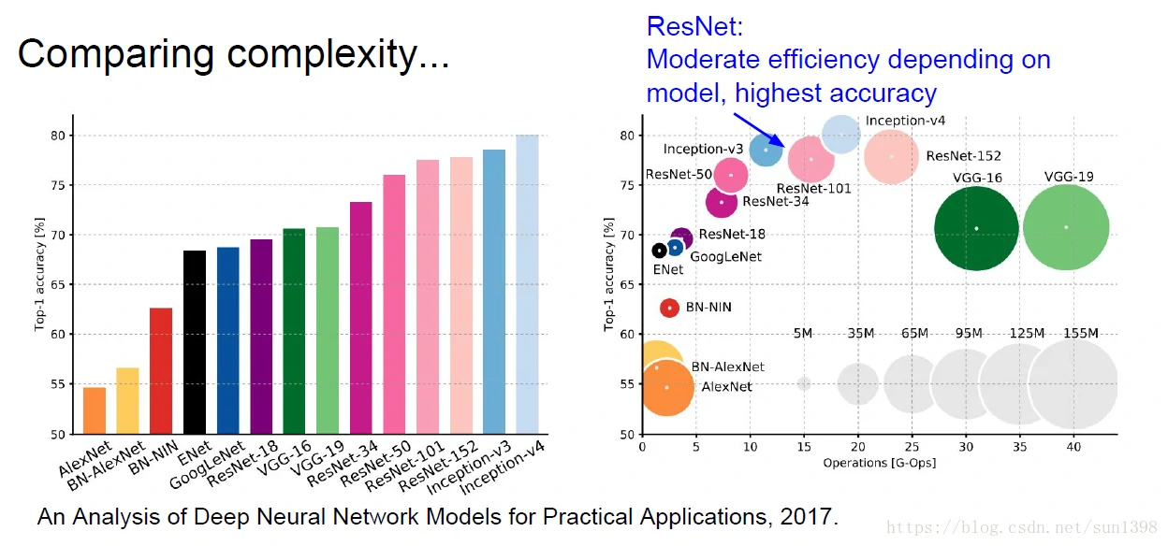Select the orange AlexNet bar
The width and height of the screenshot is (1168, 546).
click(95, 410)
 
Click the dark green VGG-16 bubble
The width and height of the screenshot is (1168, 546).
click(976, 228)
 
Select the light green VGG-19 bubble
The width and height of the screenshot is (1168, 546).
click(1066, 227)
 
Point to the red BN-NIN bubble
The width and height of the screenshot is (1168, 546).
click(669, 308)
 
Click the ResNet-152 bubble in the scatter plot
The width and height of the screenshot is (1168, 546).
click(891, 157)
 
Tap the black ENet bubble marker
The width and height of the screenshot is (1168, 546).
click(659, 251)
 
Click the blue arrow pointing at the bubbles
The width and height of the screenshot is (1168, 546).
click(754, 128)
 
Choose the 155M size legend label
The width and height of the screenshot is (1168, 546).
click(1081, 334)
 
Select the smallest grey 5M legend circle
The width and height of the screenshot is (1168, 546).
click(804, 383)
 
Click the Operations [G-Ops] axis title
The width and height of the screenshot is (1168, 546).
click(879, 464)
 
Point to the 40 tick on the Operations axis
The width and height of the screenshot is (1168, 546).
click(1073, 448)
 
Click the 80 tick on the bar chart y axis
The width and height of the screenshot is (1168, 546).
click(58, 136)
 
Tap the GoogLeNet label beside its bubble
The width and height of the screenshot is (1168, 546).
click(725, 257)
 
